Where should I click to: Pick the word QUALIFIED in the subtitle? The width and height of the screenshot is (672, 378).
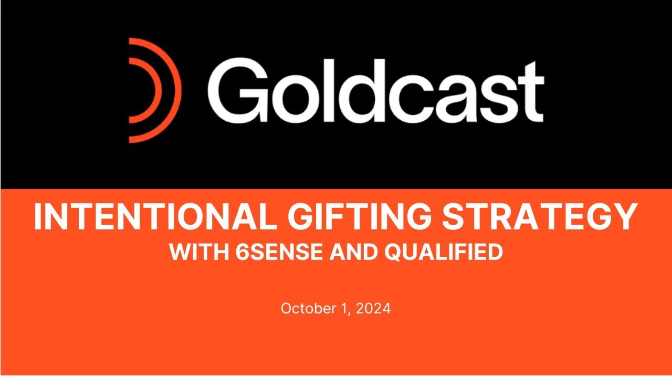coord(444,253)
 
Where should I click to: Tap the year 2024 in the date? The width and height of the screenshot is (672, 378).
coord(373,308)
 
